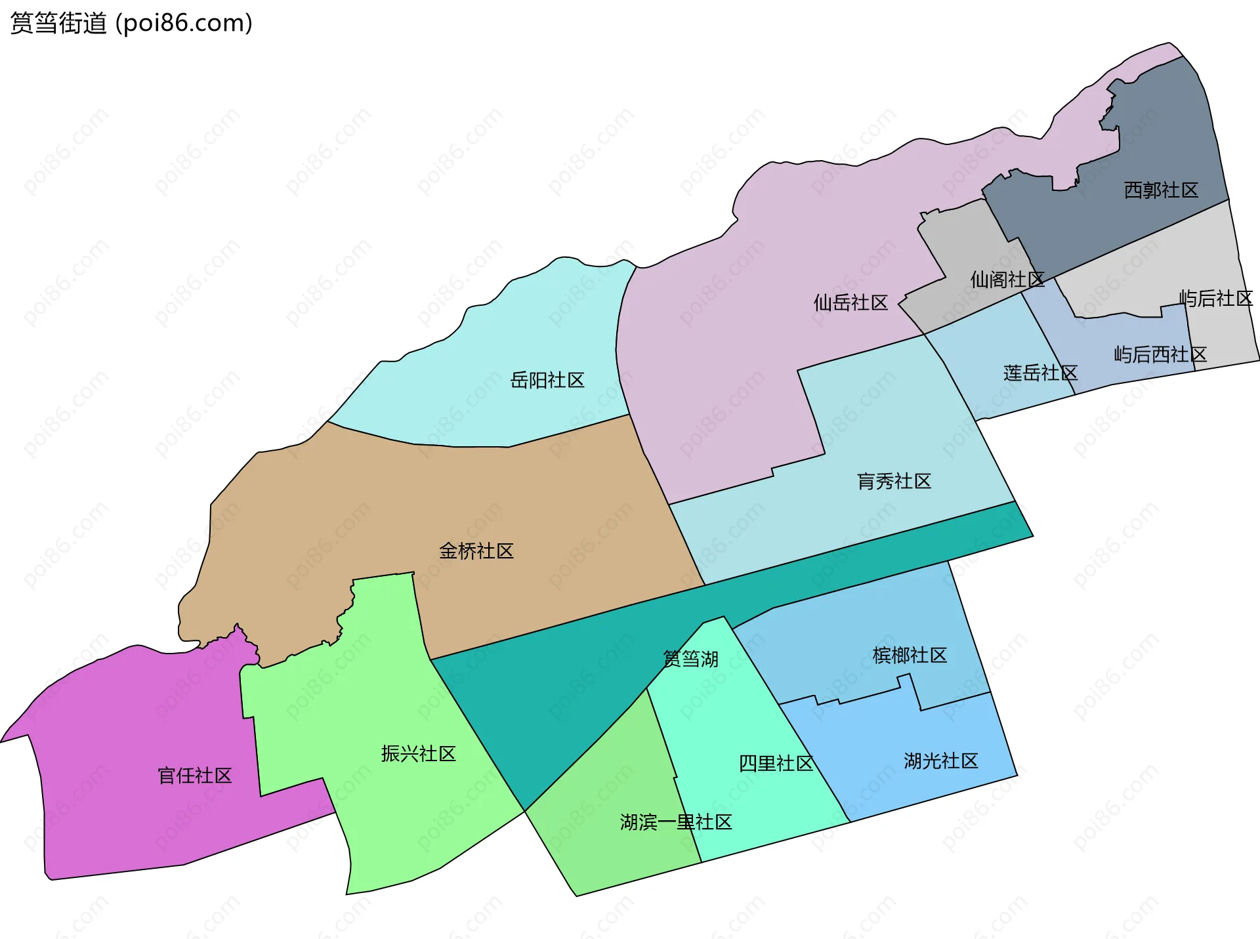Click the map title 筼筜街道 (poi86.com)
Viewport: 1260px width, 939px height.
point(131,23)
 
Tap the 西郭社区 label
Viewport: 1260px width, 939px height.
point(1161,190)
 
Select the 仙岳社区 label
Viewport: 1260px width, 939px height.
point(850,303)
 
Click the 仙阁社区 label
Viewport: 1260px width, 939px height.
point(1007,280)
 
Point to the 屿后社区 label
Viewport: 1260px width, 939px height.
point(1216,299)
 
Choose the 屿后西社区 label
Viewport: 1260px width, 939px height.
point(1160,354)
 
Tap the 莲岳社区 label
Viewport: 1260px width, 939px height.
point(1040,373)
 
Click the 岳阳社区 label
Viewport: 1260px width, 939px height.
point(547,380)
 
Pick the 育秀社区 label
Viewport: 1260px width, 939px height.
point(894,481)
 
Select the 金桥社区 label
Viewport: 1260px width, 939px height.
point(476,551)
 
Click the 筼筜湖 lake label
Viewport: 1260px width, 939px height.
point(690,658)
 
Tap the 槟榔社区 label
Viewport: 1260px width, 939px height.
point(910,655)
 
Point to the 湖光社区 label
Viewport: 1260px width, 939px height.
point(940,761)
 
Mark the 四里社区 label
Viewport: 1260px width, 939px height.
point(776,763)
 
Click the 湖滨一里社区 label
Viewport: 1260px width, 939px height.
point(676,822)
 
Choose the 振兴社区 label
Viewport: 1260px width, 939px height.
point(419,753)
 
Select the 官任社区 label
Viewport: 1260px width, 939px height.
point(195,776)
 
